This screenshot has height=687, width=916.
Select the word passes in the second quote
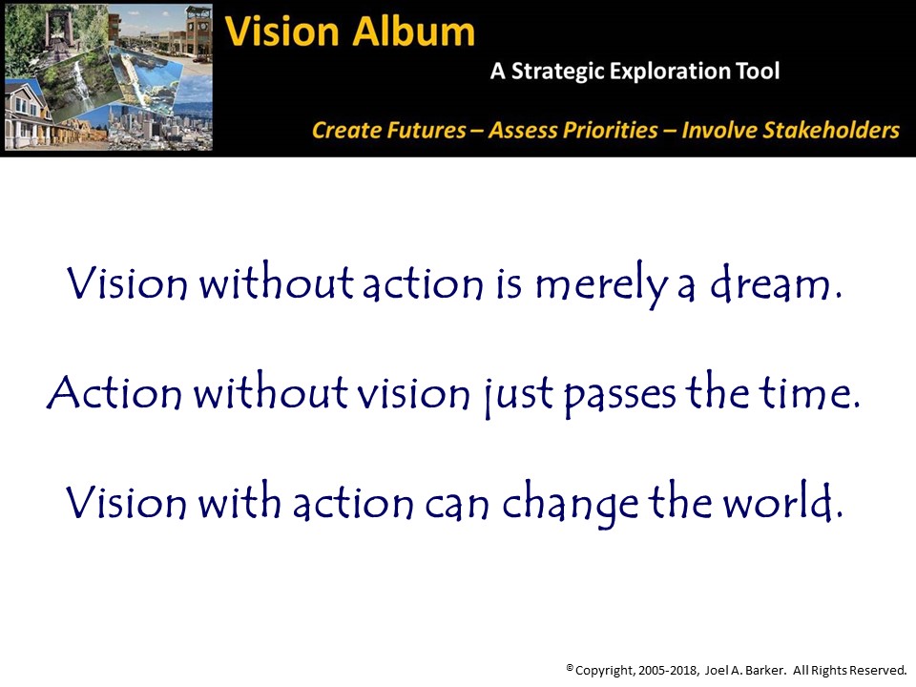pyautogui.click(x=620, y=394)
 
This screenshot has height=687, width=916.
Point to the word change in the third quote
pyautogui.click(x=571, y=503)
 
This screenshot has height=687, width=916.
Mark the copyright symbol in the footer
pyautogui.click(x=571, y=667)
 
